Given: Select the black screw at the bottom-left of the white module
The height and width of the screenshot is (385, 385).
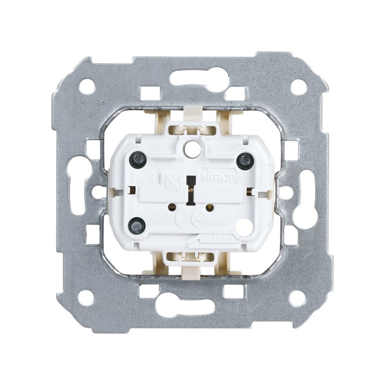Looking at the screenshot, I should coord(138,223).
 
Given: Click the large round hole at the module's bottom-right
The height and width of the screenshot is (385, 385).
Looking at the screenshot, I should coord(244,226).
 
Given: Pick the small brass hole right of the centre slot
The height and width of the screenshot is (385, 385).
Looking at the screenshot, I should coord(210,208).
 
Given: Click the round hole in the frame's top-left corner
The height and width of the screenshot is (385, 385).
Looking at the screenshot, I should coord(87,86).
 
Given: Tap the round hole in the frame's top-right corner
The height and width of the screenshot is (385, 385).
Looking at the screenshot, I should coord(298,87).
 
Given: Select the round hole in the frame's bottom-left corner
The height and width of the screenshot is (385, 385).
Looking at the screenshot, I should coord(86,297).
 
